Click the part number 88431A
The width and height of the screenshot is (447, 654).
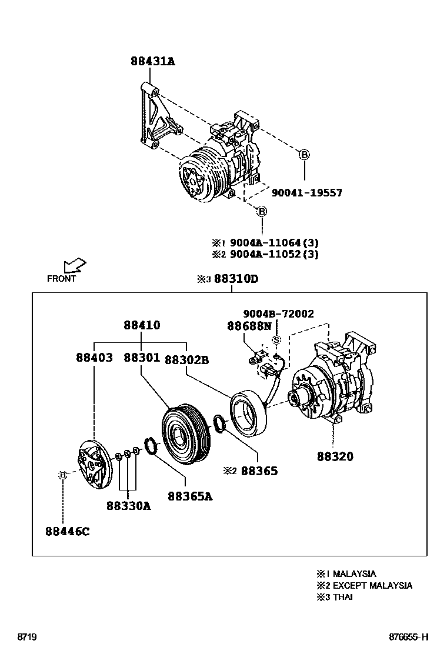coord(152,61)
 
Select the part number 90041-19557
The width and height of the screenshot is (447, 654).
coord(306,192)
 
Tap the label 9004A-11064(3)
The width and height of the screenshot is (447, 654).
coord(274,242)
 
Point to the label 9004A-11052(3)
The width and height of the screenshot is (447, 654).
coord(274,254)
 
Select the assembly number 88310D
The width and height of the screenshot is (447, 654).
coord(235,279)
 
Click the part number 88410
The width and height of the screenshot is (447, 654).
coord(142,325)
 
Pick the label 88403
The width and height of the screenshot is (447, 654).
coord(94,358)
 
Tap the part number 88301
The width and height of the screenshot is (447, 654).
coord(142,358)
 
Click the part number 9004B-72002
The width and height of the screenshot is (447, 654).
coord(279,313)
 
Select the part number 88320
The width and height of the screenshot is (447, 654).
coord(335,456)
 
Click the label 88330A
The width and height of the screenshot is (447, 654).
coord(128,505)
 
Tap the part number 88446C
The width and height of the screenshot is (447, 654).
coord(67,532)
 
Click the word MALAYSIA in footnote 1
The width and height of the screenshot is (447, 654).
coord(354,573)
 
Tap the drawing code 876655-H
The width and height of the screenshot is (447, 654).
coord(408,637)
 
